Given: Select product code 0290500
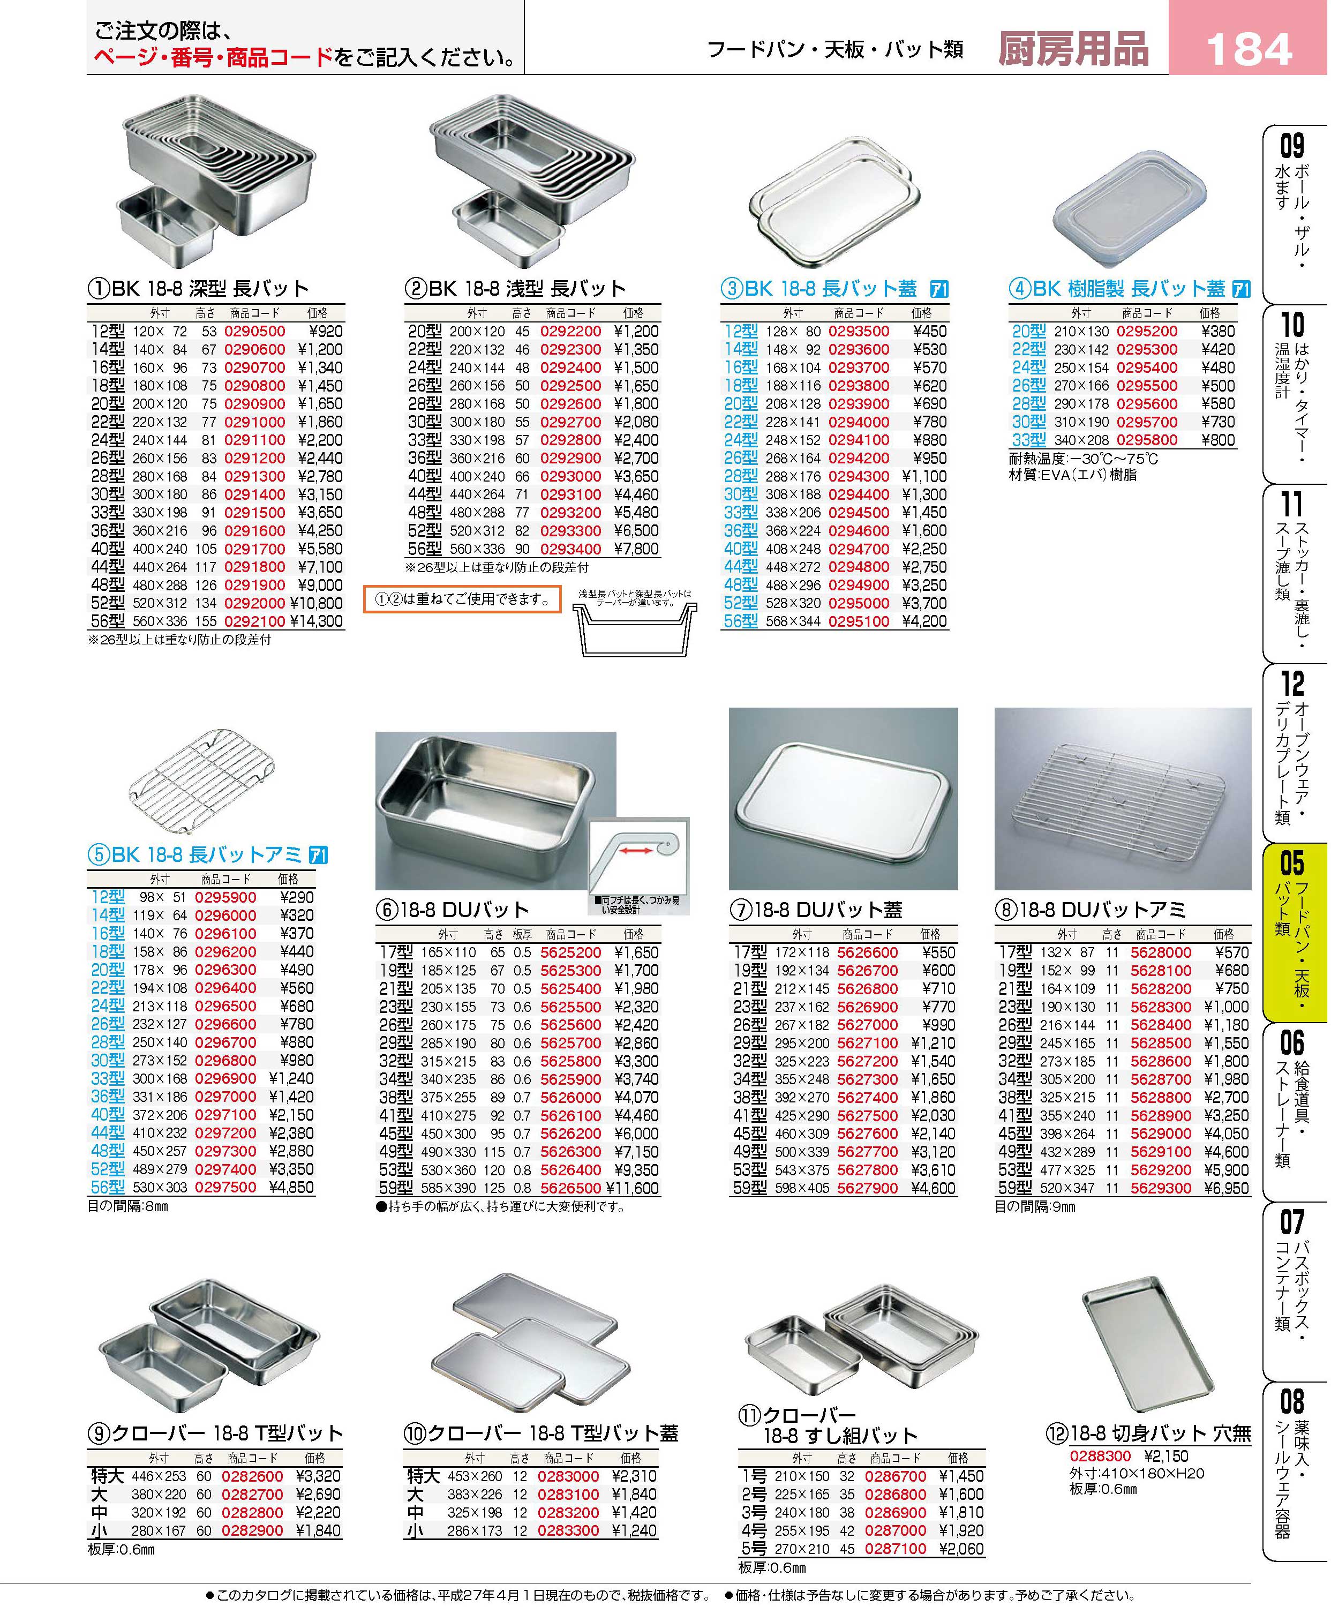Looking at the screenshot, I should (254, 331).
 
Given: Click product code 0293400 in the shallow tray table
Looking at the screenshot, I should (570, 549).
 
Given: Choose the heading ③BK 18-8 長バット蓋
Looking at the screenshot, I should (819, 289).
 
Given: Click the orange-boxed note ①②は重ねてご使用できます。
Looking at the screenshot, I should (462, 599).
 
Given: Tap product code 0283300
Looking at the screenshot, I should (568, 1530).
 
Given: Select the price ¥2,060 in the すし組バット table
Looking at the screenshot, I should (960, 1548).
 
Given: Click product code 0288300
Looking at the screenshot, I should (1100, 1456).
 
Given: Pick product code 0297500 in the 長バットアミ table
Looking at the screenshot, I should (225, 1187).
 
